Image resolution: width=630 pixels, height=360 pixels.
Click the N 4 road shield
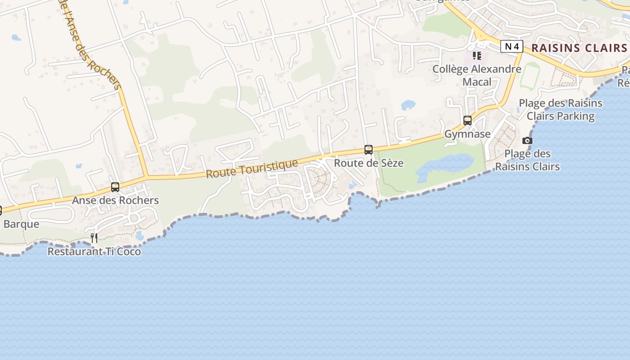(512, 46)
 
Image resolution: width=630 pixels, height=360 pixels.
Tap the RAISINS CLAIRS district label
(580, 48)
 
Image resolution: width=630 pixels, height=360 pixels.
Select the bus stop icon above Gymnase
(468, 121)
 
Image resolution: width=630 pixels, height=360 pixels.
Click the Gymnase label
(468, 134)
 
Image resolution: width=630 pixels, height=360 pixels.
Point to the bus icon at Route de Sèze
(369, 150)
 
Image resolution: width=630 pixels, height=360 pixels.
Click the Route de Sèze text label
(369, 163)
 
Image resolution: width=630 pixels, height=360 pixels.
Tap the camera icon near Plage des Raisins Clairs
(527, 141)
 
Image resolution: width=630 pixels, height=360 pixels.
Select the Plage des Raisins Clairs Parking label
(560, 109)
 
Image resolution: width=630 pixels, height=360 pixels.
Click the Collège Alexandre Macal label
(477, 75)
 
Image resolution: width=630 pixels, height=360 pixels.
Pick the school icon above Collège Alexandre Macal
(477, 56)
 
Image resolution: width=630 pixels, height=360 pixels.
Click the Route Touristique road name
(252, 169)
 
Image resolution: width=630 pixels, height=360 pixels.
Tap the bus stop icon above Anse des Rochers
(115, 187)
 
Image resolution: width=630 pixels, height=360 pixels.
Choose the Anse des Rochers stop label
(115, 200)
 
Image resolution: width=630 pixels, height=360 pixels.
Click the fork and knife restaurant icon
(94, 238)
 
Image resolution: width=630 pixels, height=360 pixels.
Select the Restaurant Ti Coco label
(94, 252)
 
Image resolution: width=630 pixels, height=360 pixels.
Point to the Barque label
(21, 224)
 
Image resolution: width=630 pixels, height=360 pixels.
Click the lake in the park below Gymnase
(445, 166)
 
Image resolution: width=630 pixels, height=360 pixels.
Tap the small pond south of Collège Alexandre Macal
(408, 105)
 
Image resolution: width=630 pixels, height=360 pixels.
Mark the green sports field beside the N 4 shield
(530, 76)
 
